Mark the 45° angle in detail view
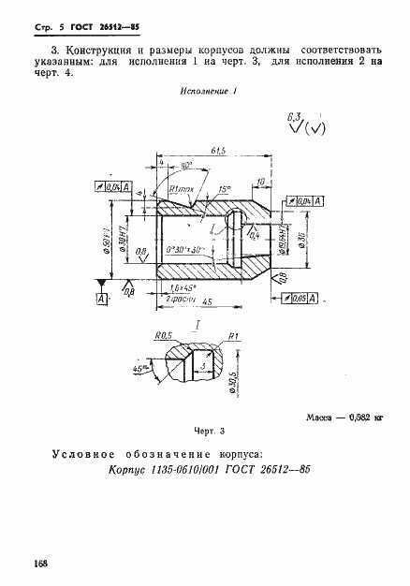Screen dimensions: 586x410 point(141,369)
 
